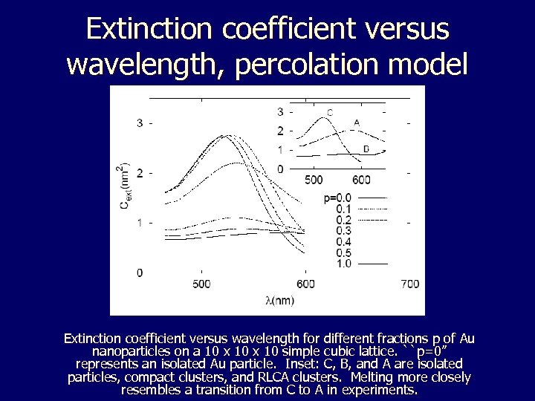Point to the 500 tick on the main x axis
(201, 284)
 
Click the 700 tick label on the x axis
(409, 284)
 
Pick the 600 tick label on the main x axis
(305, 284)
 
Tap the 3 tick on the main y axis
(140, 123)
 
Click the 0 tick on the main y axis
(140, 273)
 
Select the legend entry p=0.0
(337, 198)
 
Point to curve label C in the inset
(329, 113)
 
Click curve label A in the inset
(357, 123)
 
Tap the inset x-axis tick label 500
(314, 180)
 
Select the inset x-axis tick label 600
(361, 180)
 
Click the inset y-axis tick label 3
(280, 112)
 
